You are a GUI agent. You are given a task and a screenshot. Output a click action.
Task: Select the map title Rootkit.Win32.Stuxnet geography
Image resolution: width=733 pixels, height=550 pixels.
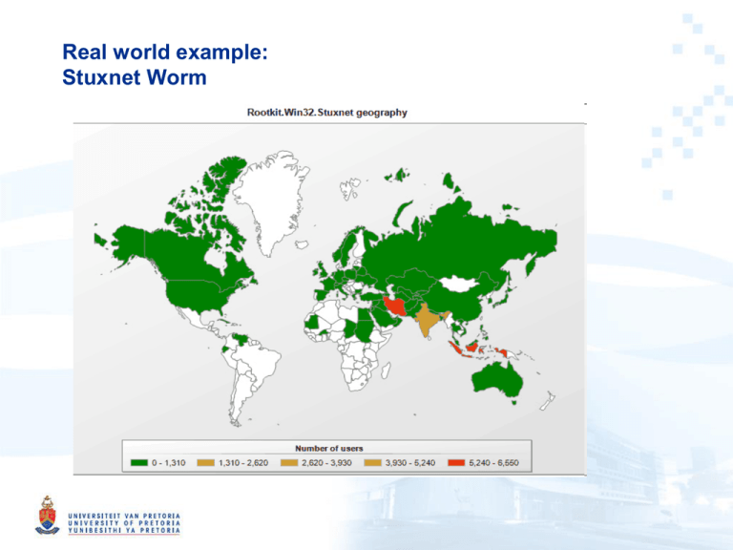325,113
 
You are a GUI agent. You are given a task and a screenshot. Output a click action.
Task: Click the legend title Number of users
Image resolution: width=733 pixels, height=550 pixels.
327,448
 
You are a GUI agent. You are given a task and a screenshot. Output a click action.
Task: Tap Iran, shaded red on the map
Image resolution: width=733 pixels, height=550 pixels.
396,307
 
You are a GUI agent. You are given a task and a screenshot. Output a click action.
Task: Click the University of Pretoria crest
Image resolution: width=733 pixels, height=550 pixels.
45,516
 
